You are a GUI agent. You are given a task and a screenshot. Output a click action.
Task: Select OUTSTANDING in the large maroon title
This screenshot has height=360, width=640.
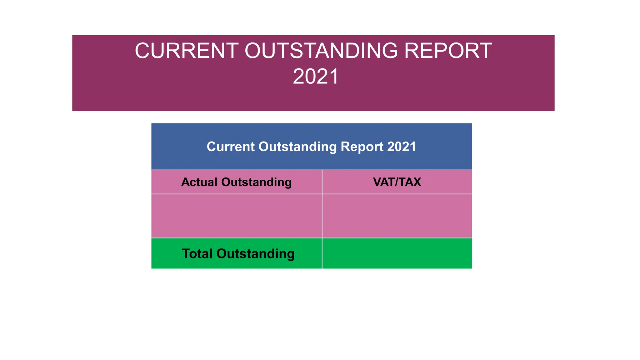321,51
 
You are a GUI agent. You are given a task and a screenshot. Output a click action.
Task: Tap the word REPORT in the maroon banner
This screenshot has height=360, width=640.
448,51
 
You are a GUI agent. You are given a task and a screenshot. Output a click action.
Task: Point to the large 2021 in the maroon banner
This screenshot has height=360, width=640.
316,77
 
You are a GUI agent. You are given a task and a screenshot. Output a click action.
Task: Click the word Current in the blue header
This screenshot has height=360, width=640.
231,147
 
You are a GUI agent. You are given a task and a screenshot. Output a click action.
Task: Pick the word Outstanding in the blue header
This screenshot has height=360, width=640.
297,147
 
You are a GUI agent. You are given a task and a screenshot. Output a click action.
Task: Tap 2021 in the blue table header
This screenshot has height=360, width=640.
402,147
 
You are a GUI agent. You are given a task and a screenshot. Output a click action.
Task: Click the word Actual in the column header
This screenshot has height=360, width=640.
199,182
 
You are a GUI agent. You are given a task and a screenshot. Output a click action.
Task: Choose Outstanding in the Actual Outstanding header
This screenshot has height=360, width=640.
256,182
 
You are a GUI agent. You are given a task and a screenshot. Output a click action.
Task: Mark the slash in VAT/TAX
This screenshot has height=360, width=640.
396,182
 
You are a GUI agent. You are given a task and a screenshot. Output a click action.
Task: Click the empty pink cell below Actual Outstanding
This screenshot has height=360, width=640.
237,216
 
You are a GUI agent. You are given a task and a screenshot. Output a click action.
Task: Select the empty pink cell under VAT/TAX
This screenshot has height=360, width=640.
397,216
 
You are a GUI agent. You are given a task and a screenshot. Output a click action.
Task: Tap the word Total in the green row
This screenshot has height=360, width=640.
197,254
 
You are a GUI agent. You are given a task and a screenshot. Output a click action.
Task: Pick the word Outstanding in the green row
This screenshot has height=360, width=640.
255,254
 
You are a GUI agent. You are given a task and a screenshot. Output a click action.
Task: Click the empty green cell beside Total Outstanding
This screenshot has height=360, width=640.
397,253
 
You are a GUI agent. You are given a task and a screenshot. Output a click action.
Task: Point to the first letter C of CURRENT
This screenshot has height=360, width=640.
142,51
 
